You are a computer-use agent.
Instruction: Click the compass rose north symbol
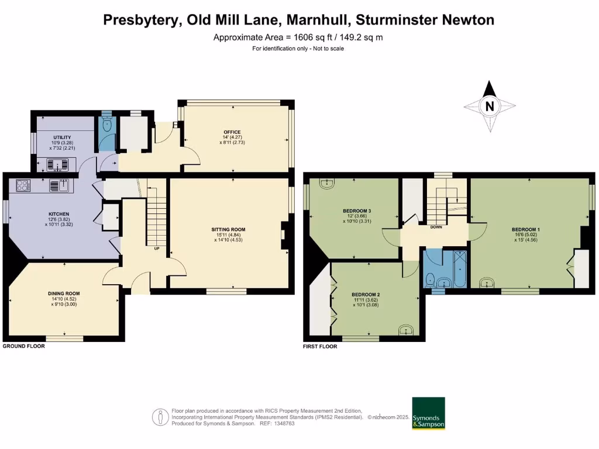pos(490,106)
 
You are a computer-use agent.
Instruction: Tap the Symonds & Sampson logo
pos(428,414)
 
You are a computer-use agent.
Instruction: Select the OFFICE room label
pos(232,132)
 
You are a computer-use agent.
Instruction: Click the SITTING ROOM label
pos(228,229)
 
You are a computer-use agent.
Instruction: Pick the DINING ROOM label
pos(64,293)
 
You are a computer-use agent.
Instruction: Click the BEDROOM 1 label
pos(525,229)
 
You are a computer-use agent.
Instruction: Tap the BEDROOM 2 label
pos(366,294)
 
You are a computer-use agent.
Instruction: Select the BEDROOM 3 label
pos(357,210)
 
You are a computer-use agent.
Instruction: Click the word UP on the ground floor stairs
pos(156,248)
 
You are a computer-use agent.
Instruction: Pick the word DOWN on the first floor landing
pos(436,227)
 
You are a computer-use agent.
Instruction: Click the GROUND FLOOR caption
pos(24,346)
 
